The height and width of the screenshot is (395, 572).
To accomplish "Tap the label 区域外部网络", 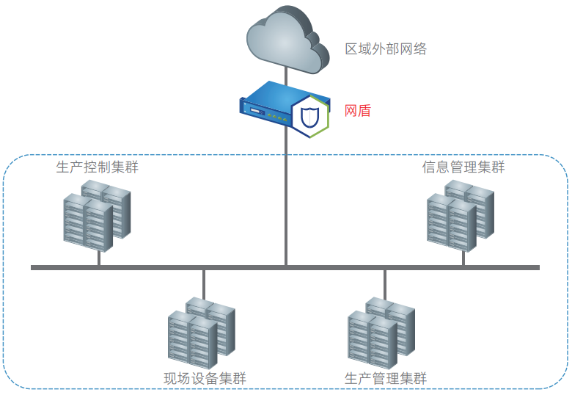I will click(x=386, y=50).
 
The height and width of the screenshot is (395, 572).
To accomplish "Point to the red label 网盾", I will click(x=358, y=112).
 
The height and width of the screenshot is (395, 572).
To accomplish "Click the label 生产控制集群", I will click(x=97, y=167).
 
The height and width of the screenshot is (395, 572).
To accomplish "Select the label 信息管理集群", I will click(x=463, y=167).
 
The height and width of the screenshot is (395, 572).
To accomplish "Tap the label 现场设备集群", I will click(x=205, y=379).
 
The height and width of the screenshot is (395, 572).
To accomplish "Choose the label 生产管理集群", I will click(x=386, y=379).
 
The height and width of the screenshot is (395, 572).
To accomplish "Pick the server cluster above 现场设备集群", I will click(x=201, y=332).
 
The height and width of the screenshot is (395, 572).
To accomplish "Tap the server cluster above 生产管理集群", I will click(x=381, y=332).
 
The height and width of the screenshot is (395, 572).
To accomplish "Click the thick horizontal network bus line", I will click(x=147, y=267).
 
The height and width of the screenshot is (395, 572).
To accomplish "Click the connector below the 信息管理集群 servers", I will click(x=463, y=258).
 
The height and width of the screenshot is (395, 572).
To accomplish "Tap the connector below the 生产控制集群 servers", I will click(x=99, y=258).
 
